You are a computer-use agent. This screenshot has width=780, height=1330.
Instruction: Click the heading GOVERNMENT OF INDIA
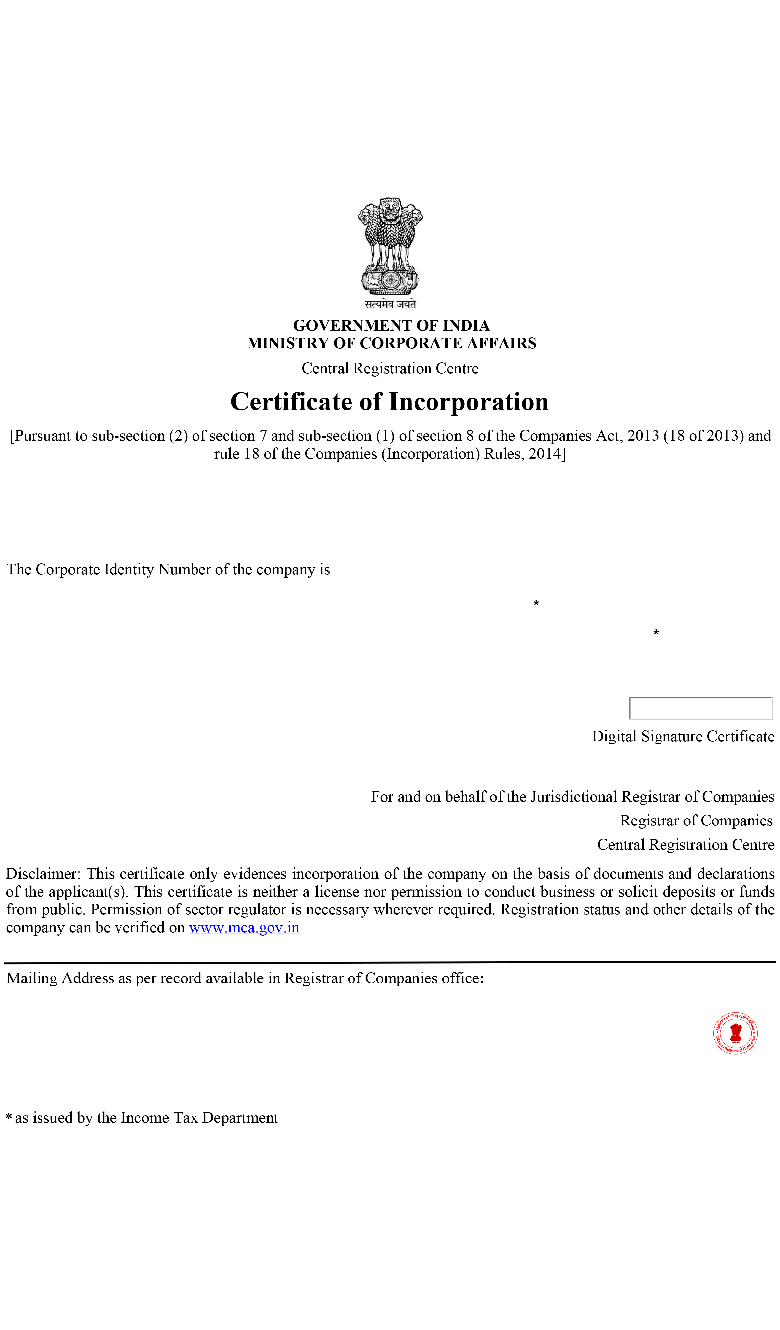(391, 325)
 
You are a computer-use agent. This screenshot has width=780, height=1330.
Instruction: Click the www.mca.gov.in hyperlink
(244, 927)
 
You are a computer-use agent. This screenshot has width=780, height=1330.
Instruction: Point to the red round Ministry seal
(735, 1033)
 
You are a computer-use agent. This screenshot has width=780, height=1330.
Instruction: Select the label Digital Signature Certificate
(683, 736)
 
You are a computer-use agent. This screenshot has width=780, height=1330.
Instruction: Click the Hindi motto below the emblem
(390, 304)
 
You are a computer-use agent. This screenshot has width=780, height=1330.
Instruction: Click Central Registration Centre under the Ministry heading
(390, 368)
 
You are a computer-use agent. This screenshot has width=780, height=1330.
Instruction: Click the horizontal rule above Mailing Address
(390, 962)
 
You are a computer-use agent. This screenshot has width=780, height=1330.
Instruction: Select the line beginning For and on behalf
(572, 796)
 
